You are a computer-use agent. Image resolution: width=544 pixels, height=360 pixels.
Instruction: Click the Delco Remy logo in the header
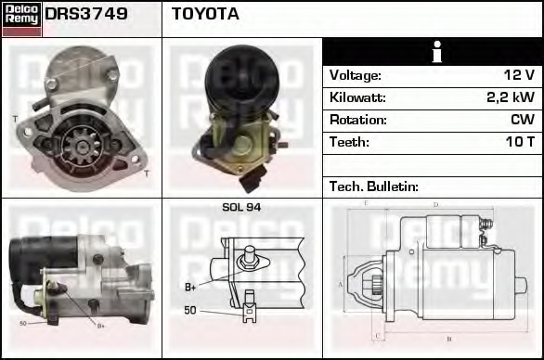(x=21, y=19)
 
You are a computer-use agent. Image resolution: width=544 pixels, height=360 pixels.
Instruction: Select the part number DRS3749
(x=86, y=14)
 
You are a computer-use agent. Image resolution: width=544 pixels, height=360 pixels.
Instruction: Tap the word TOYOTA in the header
(x=205, y=14)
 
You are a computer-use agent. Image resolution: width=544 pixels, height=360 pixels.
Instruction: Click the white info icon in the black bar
(x=433, y=51)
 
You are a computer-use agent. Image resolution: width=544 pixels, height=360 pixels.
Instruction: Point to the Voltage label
(x=356, y=75)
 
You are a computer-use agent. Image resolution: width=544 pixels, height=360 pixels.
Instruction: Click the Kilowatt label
(x=357, y=97)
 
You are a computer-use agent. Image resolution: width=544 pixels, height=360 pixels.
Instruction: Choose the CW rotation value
(x=522, y=120)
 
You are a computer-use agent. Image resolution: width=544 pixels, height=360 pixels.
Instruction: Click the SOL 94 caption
(x=242, y=207)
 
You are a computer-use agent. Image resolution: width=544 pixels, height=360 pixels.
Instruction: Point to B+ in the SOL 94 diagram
(x=190, y=287)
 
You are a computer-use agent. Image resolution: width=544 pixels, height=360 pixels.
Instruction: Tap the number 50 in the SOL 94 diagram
(x=190, y=310)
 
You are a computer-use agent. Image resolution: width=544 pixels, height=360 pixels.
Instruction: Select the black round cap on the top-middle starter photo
(x=238, y=73)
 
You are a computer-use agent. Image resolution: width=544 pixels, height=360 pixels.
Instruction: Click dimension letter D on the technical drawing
(x=435, y=204)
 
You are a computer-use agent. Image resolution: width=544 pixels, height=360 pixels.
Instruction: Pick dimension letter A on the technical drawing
(x=341, y=284)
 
